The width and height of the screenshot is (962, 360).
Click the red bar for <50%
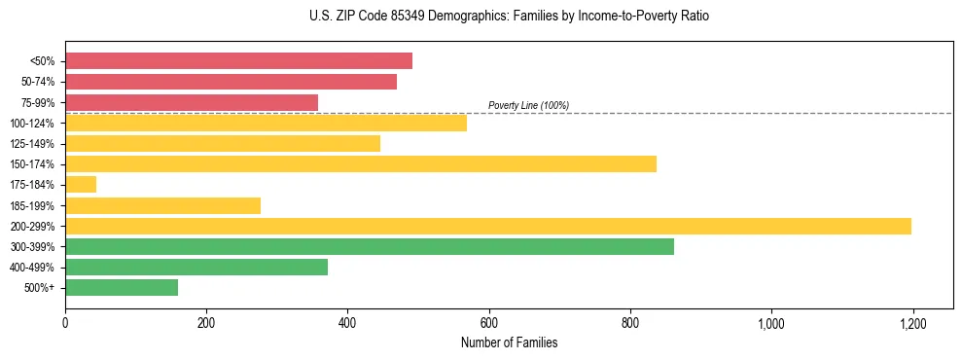click(238, 61)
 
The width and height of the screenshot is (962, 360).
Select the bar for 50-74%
click(231, 82)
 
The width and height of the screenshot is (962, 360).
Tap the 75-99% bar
click(192, 102)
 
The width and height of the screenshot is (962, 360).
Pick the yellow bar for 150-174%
click(361, 164)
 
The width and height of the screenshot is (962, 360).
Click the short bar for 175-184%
click(81, 185)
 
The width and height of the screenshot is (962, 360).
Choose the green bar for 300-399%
click(370, 247)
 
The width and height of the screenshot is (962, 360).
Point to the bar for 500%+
click(122, 288)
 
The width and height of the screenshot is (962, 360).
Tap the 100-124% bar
click(266, 124)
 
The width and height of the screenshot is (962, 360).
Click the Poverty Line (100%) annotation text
click(528, 105)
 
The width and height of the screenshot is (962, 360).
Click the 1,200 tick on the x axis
click(912, 322)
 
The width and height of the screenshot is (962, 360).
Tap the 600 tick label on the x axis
click(488, 322)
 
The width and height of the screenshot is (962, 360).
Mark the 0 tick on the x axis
click(65, 322)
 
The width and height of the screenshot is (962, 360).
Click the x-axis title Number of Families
click(509, 342)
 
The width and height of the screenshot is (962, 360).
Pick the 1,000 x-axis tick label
click(771, 322)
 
